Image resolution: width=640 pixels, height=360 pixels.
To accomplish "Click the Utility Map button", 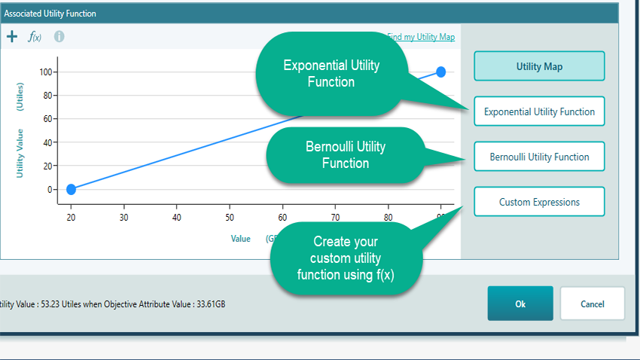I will coord(539,66).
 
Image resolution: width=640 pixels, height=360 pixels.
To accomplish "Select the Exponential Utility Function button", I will coord(539,111).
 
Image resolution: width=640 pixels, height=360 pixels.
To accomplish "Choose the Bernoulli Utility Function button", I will coord(539,157).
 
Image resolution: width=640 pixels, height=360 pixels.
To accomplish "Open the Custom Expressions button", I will coord(539,202).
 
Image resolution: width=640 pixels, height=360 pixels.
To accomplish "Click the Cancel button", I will coord(592,304).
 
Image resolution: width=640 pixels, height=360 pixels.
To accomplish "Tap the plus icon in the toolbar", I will coord(12,36).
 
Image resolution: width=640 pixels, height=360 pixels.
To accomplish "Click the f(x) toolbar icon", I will coord(35,37).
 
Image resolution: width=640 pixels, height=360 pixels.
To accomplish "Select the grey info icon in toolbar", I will coord(59,36).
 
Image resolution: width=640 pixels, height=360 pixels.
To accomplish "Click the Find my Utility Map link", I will coord(422,36).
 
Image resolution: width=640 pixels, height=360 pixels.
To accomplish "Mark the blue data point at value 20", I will coord(71,189).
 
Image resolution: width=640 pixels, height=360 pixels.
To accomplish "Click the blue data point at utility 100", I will coord(441,72).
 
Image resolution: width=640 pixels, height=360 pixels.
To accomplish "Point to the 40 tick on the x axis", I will coord(176,218).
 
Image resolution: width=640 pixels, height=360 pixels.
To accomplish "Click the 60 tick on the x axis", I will coord(282,218).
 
